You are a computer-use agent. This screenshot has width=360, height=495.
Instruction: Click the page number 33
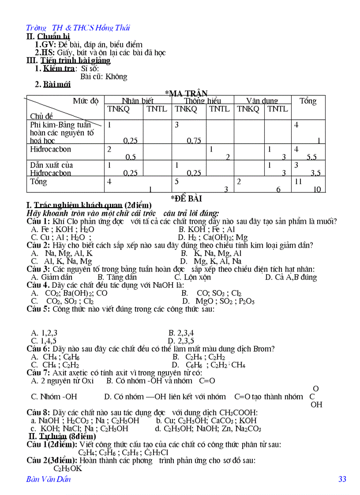coord(342,479)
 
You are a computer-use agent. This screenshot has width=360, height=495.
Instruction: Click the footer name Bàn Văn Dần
coord(49,479)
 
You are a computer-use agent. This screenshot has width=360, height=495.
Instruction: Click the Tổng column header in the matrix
coord(308,101)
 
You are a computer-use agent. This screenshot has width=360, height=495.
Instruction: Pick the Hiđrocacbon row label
coord(50,149)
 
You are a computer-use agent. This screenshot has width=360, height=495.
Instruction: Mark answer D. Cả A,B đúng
coord(291,277)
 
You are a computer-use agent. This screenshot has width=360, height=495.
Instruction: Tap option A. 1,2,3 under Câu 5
coord(44,333)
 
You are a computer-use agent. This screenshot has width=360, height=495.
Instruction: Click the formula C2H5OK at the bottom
coord(67,469)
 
